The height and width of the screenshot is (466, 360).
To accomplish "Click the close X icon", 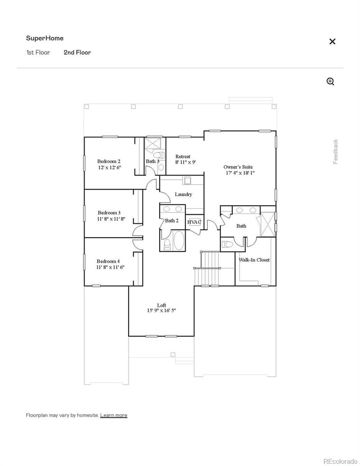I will tap(332, 41).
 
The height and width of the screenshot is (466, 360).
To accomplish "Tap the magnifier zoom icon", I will tap(330, 81).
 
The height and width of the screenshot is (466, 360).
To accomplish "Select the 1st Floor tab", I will tap(38, 52).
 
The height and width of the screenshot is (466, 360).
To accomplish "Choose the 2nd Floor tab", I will tap(77, 52).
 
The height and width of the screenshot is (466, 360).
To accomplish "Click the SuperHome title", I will tap(45, 38).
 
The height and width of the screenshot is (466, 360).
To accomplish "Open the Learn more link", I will tap(113, 415).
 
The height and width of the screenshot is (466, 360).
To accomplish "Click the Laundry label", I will tap(183, 195).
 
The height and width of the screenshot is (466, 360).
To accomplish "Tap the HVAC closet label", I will tap(194, 222).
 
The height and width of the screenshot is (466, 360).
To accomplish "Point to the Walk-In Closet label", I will tap(254, 260).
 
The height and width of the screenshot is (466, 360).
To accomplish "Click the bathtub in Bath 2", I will tap(178, 241).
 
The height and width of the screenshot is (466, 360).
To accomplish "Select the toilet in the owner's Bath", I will tap(228, 244).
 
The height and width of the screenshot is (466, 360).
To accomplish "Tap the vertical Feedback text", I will tap(336, 152).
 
